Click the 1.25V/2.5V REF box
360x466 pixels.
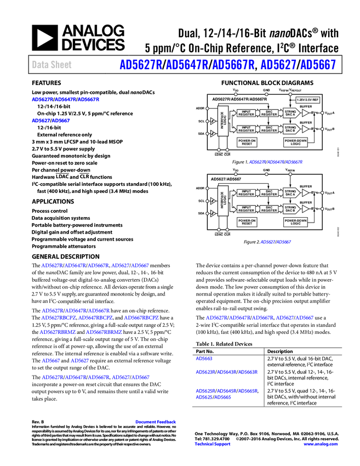point(307,100)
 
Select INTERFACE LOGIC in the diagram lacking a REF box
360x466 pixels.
point(223,201)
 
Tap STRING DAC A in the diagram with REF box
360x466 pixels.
point(290,113)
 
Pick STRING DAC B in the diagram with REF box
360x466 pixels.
point(290,129)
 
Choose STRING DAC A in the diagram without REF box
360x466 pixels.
point(290,193)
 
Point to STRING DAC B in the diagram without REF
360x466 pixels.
point(290,209)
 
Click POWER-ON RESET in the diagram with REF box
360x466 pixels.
point(247,142)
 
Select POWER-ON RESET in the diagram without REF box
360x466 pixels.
point(247,222)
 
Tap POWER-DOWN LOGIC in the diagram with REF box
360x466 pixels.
point(296,142)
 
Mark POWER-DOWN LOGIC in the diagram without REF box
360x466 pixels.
point(296,222)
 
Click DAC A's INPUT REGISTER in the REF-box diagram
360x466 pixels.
point(247,113)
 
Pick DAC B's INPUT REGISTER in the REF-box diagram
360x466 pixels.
point(247,129)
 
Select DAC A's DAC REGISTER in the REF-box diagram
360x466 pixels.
point(269,113)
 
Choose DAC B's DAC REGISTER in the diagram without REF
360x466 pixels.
point(269,209)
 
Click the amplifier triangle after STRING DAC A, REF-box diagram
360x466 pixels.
point(305,113)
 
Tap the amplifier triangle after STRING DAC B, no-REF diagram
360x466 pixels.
point(305,209)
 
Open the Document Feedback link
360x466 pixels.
point(156,422)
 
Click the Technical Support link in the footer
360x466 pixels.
point(213,444)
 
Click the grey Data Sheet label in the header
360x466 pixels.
point(52,65)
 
